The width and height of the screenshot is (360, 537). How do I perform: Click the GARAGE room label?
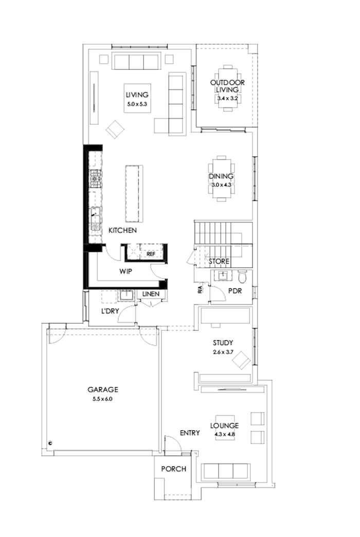pyautogui.click(x=103, y=389)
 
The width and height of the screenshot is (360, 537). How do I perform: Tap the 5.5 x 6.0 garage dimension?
pyautogui.click(x=103, y=398)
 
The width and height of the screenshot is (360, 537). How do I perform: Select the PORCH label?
pyautogui.click(x=173, y=469)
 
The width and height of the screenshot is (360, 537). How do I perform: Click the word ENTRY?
pyautogui.click(x=189, y=433)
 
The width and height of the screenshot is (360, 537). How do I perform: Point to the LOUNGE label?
pyautogui.click(x=224, y=426)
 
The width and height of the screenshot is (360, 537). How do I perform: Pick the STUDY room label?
pyautogui.click(x=223, y=343)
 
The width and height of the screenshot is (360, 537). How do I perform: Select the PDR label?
pyautogui.click(x=235, y=291)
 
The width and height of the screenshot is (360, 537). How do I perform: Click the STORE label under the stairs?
pyautogui.click(x=219, y=262)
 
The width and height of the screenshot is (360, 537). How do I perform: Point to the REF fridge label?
pyautogui.click(x=151, y=254)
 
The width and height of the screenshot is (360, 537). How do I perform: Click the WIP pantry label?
pyautogui.click(x=127, y=270)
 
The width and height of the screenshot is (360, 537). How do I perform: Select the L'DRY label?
pyautogui.click(x=110, y=311)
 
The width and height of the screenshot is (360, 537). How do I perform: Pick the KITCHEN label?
pyautogui.click(x=122, y=231)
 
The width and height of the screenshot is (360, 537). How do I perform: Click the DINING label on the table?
pyautogui.click(x=221, y=177)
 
